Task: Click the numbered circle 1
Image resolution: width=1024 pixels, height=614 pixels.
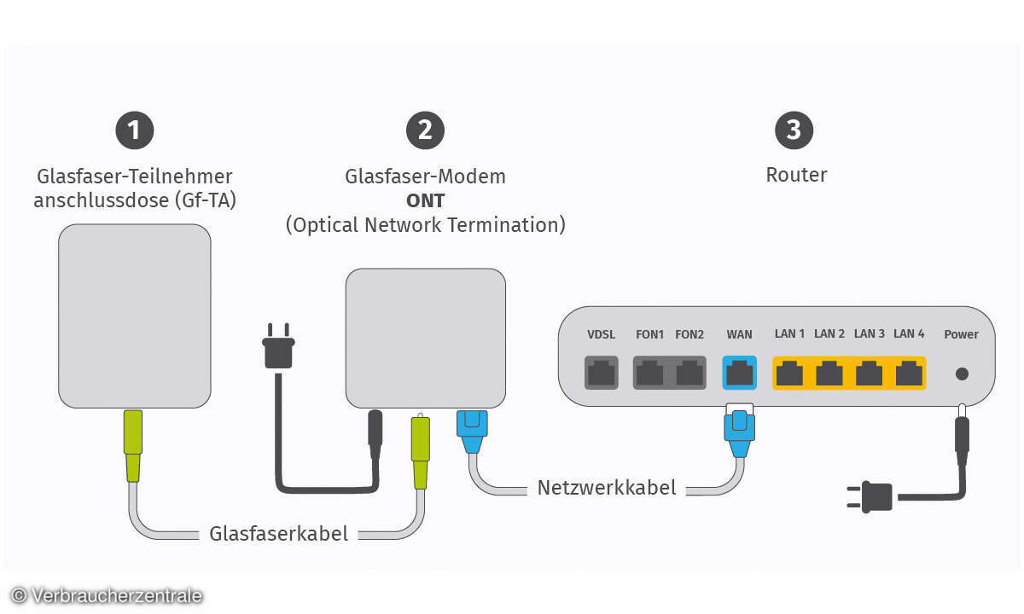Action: point(134,130)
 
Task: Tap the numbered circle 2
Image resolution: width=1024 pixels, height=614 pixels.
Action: point(425,130)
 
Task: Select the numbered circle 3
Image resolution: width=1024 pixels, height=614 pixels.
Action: point(794,130)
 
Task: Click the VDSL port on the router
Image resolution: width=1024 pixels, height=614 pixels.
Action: point(602,373)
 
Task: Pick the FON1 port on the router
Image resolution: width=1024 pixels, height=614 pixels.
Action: point(650,373)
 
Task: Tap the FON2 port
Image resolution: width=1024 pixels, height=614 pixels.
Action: point(689,373)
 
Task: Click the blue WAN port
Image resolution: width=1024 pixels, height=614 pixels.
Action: point(739,372)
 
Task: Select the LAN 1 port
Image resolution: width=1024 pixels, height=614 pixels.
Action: point(790,373)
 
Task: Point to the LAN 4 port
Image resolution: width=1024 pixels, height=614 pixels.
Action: point(908,373)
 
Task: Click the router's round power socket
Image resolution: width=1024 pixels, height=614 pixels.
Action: point(962,374)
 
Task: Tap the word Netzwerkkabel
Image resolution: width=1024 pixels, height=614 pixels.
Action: point(607,489)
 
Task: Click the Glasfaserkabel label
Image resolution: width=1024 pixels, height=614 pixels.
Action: point(279,534)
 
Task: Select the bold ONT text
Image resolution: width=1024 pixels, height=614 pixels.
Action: point(425,201)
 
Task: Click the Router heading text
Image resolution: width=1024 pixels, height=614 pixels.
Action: point(796,175)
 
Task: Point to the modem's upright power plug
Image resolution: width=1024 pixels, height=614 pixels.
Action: point(279,344)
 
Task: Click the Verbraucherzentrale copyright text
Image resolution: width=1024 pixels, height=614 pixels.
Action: point(107,595)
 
